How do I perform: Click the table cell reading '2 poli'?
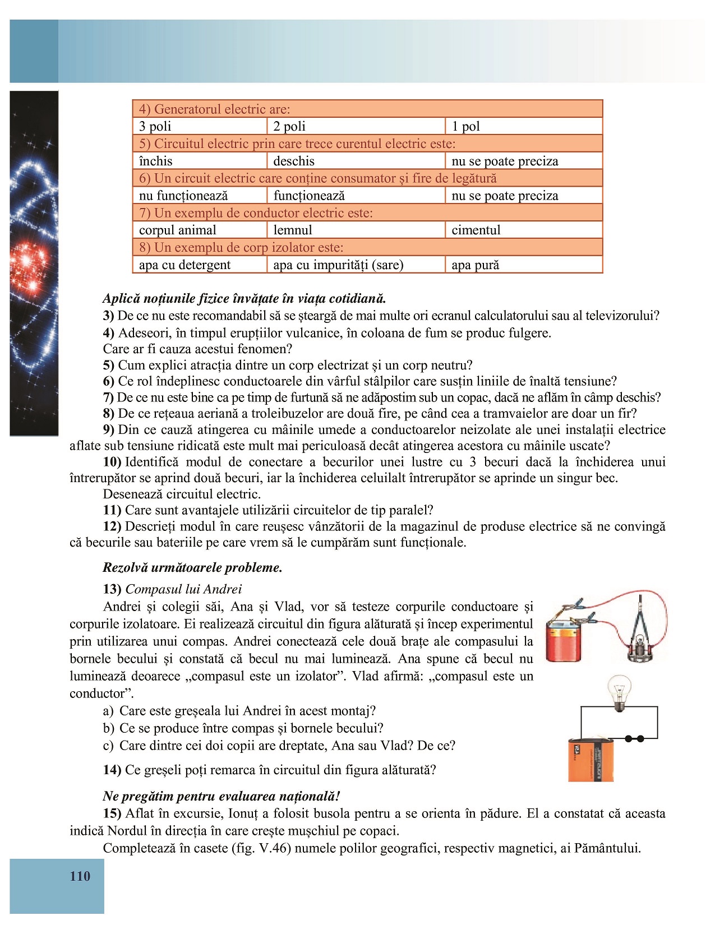pyautogui.click(x=356, y=126)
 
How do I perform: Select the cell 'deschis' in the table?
pyautogui.click(x=356, y=161)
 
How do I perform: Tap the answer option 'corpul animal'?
pyautogui.click(x=200, y=230)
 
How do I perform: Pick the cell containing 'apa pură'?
pyautogui.click(x=523, y=265)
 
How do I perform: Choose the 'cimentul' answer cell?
pyautogui.click(x=523, y=230)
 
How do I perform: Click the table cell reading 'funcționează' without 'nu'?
pyautogui.click(x=356, y=196)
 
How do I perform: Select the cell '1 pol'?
pyautogui.click(x=523, y=126)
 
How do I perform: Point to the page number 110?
pyautogui.click(x=80, y=876)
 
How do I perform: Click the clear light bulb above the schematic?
pyautogui.click(x=619, y=692)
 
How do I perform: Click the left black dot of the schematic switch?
pyautogui.click(x=628, y=739)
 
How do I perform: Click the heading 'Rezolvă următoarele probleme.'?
pyautogui.click(x=192, y=567)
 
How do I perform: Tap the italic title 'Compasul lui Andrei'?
pyautogui.click(x=183, y=589)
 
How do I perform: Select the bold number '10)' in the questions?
pyautogui.click(x=112, y=462)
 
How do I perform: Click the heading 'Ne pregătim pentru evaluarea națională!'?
pyautogui.click(x=222, y=796)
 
